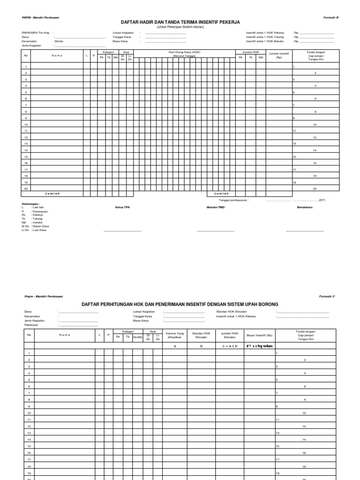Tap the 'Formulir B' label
331,17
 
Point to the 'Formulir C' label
327,297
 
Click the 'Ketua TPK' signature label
121,207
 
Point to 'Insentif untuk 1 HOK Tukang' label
265,37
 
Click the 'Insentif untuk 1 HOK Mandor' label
265,41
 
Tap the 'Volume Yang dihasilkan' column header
174,335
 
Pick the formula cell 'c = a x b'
230,346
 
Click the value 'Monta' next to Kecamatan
59,41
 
